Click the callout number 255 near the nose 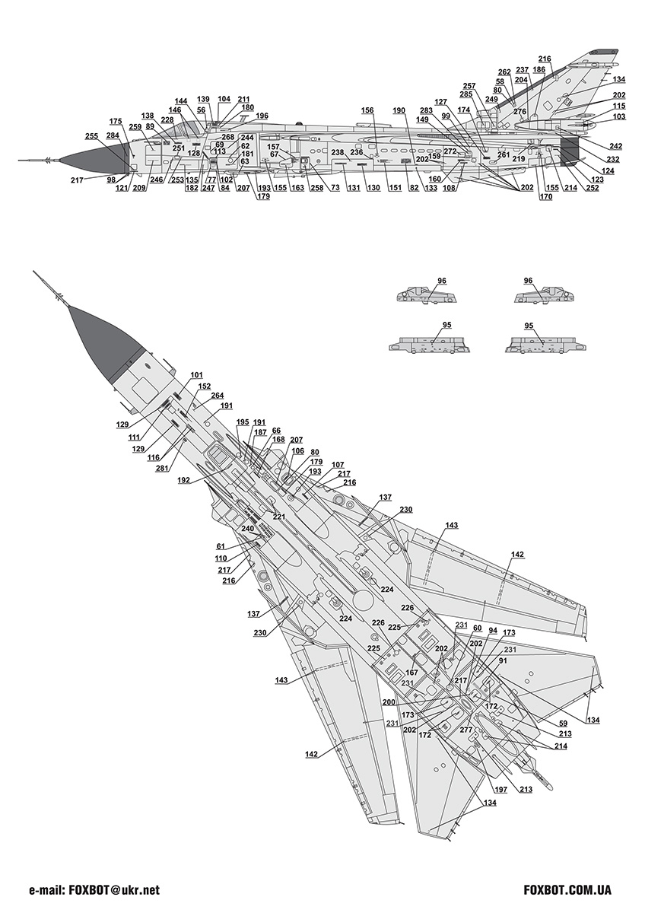(x=91, y=135)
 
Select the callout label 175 (x=116, y=121)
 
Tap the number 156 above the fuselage (x=367, y=110)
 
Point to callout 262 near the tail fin (x=505, y=72)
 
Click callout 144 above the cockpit (x=181, y=100)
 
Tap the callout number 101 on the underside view (x=197, y=375)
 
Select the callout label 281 (x=162, y=467)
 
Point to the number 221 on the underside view (x=279, y=517)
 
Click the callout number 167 (x=411, y=672)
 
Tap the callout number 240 (x=247, y=529)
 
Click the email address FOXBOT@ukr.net (x=94, y=889)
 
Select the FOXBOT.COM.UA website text (x=568, y=889)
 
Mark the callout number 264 (x=218, y=396)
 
